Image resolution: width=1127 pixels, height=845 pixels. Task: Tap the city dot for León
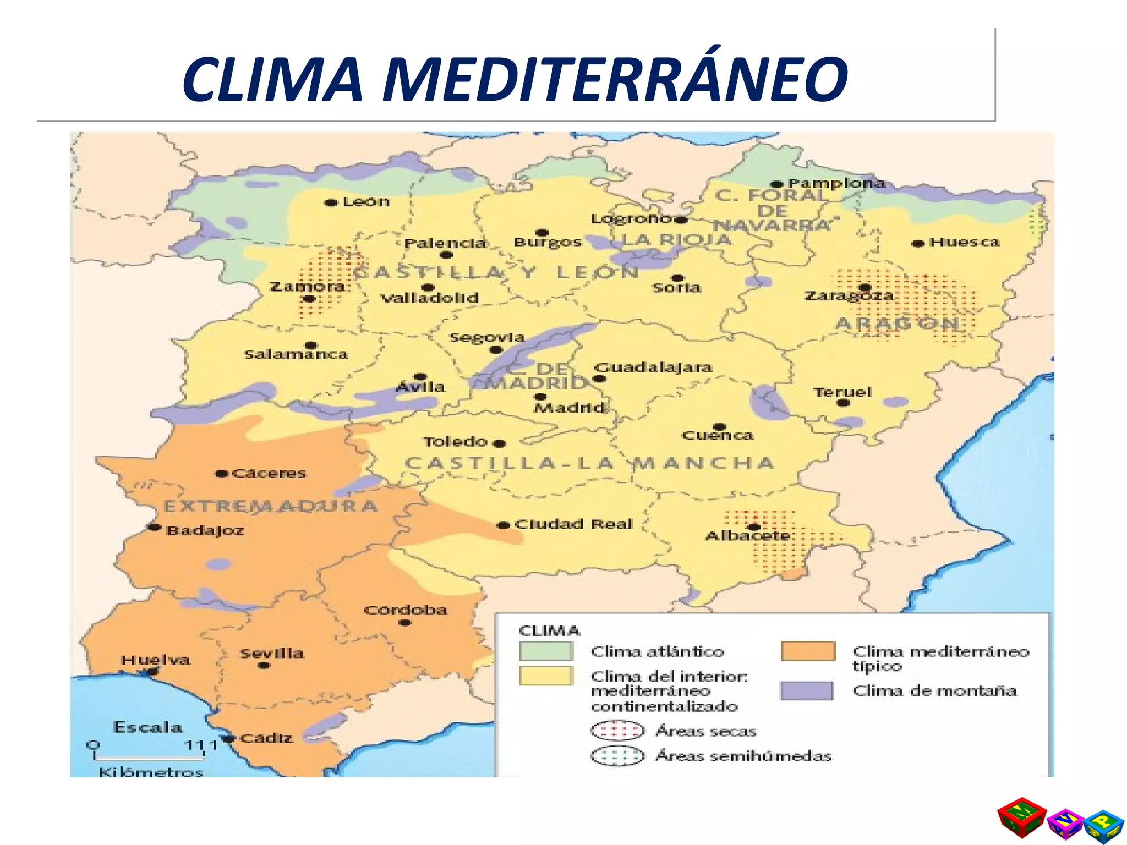(331, 202)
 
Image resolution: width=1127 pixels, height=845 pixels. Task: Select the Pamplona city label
(836, 183)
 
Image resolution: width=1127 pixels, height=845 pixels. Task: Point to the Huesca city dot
(917, 243)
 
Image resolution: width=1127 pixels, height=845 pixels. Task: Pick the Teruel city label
(842, 392)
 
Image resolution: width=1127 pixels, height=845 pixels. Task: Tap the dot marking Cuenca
(719, 427)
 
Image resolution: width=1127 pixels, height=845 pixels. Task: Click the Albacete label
(747, 536)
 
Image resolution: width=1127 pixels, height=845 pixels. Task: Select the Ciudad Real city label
(573, 524)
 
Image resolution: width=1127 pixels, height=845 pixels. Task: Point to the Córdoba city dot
(404, 623)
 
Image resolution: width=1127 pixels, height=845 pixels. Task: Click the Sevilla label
(272, 653)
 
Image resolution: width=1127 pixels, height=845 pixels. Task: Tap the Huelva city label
(155, 660)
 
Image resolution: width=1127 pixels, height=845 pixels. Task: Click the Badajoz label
(205, 531)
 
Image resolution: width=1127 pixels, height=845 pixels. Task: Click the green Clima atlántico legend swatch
(546, 651)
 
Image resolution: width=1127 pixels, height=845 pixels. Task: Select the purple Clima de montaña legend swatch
(807, 690)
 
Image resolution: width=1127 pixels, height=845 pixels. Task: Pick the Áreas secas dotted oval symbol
(617, 731)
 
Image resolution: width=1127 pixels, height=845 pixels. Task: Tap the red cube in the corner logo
(1021, 817)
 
